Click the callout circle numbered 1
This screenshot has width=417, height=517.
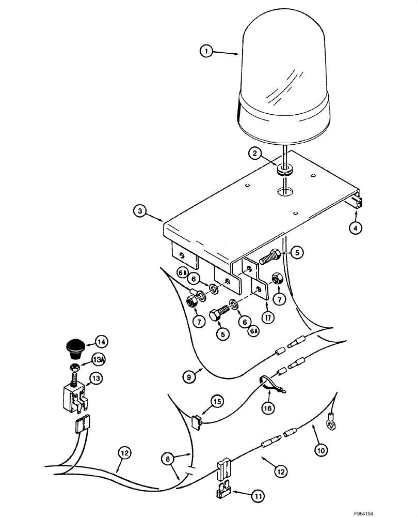[206, 51]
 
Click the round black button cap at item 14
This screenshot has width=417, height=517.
[76, 347]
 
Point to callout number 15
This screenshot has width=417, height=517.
[217, 401]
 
